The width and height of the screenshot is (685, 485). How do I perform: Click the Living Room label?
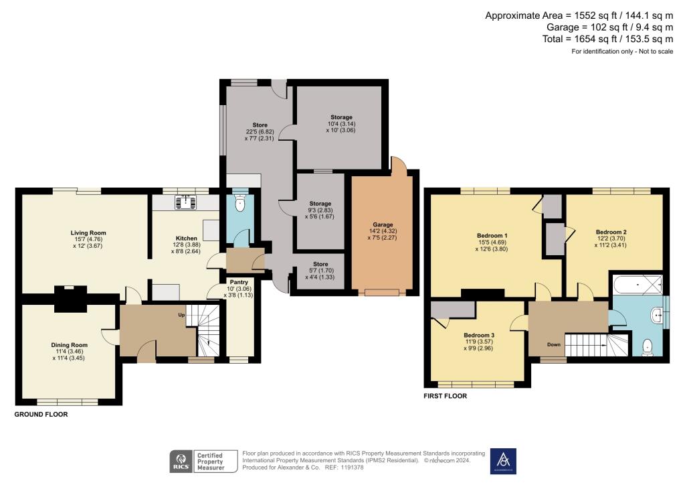point(88,233)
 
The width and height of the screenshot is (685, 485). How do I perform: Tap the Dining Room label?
point(70,345)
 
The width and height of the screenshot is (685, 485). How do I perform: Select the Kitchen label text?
point(185,238)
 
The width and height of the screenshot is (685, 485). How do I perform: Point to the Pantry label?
point(239,282)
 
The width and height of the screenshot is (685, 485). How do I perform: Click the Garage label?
point(383,225)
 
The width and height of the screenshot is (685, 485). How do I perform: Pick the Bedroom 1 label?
point(492,236)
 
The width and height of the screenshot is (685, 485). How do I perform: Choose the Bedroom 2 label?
point(611,232)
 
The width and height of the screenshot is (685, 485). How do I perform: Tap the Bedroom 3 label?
point(478,335)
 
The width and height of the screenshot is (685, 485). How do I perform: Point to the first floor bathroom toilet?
point(646,346)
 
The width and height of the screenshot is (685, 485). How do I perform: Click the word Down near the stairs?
point(553,344)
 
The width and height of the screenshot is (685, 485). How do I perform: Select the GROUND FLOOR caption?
point(41,415)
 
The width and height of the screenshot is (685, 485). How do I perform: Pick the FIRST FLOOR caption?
point(445,396)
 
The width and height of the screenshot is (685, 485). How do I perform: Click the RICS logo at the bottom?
point(181,461)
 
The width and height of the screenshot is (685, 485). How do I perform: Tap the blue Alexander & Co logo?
point(503,461)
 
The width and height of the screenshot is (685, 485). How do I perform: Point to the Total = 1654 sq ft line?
point(607,40)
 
